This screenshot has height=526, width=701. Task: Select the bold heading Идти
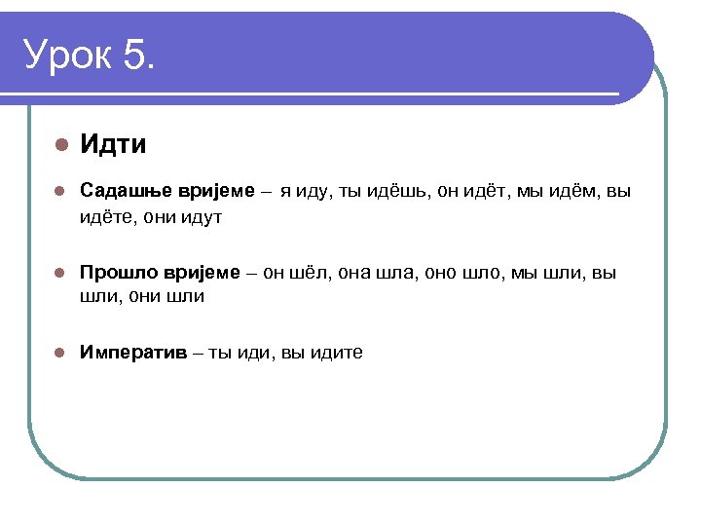(x=113, y=145)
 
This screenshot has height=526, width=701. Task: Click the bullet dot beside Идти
(x=59, y=145)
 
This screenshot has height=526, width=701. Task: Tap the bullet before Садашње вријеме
(x=59, y=191)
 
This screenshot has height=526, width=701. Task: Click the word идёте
(x=104, y=216)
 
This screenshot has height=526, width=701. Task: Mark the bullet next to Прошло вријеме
(x=59, y=272)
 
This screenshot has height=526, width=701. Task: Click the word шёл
(x=309, y=272)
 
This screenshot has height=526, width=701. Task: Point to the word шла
(x=399, y=272)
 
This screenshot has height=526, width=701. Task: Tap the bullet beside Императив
(x=59, y=353)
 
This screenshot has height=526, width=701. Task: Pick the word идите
(x=336, y=353)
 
